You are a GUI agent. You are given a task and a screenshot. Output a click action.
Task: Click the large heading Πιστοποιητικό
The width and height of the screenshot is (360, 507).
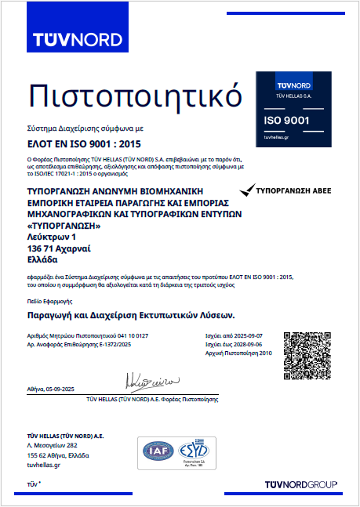(x=134, y=96)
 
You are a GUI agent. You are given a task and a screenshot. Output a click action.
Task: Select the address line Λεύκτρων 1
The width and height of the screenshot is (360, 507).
(x=52, y=236)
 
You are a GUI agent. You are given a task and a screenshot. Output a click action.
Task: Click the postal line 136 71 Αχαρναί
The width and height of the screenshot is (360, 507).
(x=59, y=248)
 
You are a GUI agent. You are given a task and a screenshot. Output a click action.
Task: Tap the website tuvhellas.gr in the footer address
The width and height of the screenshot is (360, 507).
(x=44, y=465)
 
